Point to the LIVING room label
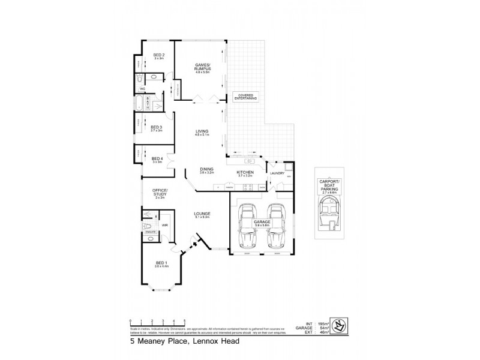click(201, 132)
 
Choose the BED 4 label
click(157, 159)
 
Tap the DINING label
click(206, 170)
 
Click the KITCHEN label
click(247, 173)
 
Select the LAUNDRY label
click(277, 173)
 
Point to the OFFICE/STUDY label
click(159, 193)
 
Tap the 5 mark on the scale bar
click(184, 321)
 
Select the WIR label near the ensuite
click(164, 226)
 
